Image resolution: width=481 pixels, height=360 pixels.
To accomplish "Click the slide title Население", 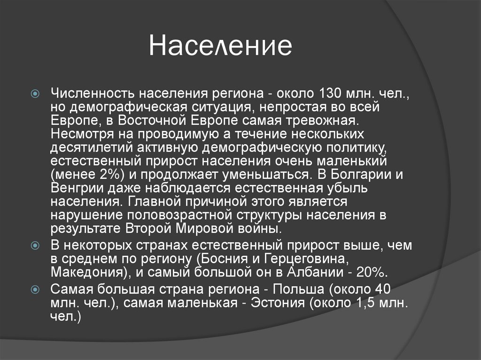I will point(220,47).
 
